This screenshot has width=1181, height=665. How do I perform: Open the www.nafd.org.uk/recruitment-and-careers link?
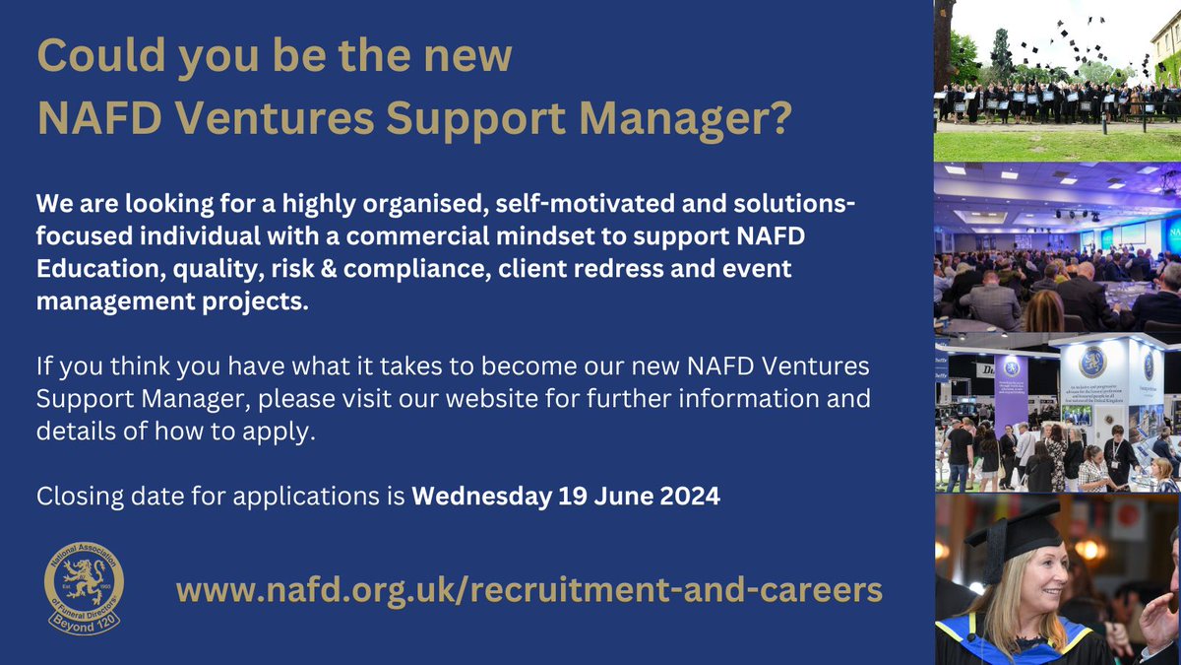[528, 590]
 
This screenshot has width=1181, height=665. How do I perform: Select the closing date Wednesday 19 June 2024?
[566, 497]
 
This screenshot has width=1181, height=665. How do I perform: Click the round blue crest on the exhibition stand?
[1092, 363]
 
